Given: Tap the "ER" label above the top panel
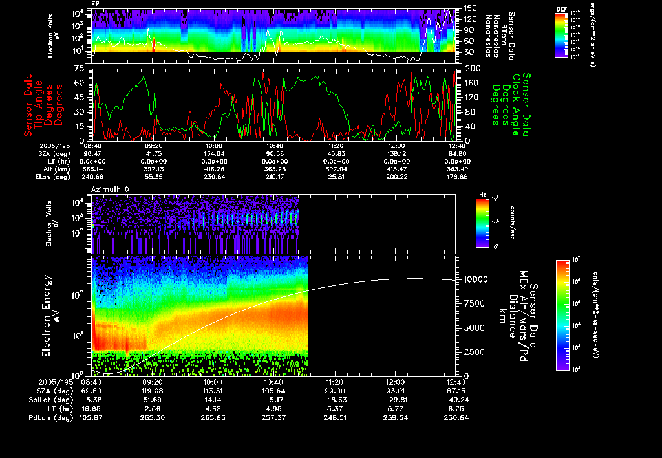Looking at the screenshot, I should click(x=95, y=4).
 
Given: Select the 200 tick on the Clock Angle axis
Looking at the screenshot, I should click(x=470, y=68).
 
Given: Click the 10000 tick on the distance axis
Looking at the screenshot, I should click(x=476, y=279).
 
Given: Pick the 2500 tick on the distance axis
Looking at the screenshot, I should click(x=474, y=351).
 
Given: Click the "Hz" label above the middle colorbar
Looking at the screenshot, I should click(x=482, y=195).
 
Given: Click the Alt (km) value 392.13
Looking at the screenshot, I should click(x=153, y=168).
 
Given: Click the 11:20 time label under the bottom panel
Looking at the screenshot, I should click(x=334, y=382).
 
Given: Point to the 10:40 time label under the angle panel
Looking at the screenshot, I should click(x=275, y=146).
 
